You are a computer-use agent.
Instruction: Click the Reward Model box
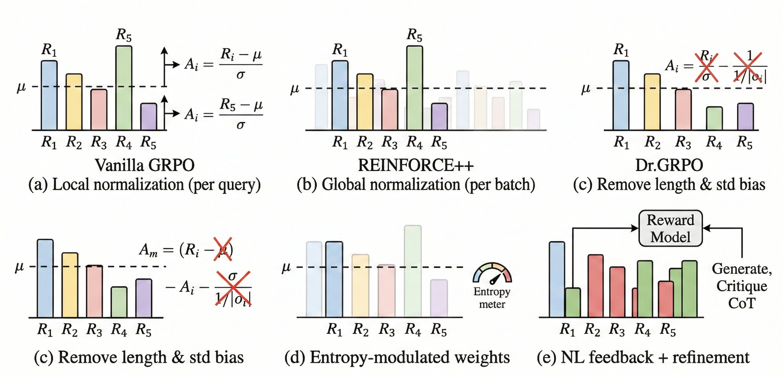coord(670,228)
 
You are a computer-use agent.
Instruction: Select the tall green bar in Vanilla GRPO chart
coord(124,88)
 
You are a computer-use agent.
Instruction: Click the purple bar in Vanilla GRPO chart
coord(149,117)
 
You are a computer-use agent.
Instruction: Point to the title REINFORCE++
coord(416,165)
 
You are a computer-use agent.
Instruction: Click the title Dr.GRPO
coord(669,165)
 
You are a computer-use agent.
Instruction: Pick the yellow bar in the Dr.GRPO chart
coord(652,102)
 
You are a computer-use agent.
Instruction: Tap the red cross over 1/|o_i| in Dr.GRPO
coord(748,67)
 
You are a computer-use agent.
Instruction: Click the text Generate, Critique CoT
coord(741,286)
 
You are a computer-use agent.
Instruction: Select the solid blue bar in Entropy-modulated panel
coord(334,279)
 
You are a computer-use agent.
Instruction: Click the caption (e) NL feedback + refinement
coord(643,357)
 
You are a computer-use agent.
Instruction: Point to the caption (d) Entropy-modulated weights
coord(397,357)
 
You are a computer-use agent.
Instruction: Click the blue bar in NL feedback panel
coord(557,279)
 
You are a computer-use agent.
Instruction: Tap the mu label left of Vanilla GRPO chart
coord(21,87)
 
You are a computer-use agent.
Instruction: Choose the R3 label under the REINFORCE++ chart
coord(389,142)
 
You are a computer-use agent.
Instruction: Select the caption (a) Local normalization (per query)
coord(144,184)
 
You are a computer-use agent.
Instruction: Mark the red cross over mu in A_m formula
coord(223,249)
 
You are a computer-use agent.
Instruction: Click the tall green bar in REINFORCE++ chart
coord(414,88)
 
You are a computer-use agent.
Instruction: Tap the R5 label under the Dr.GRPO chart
coord(745,142)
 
